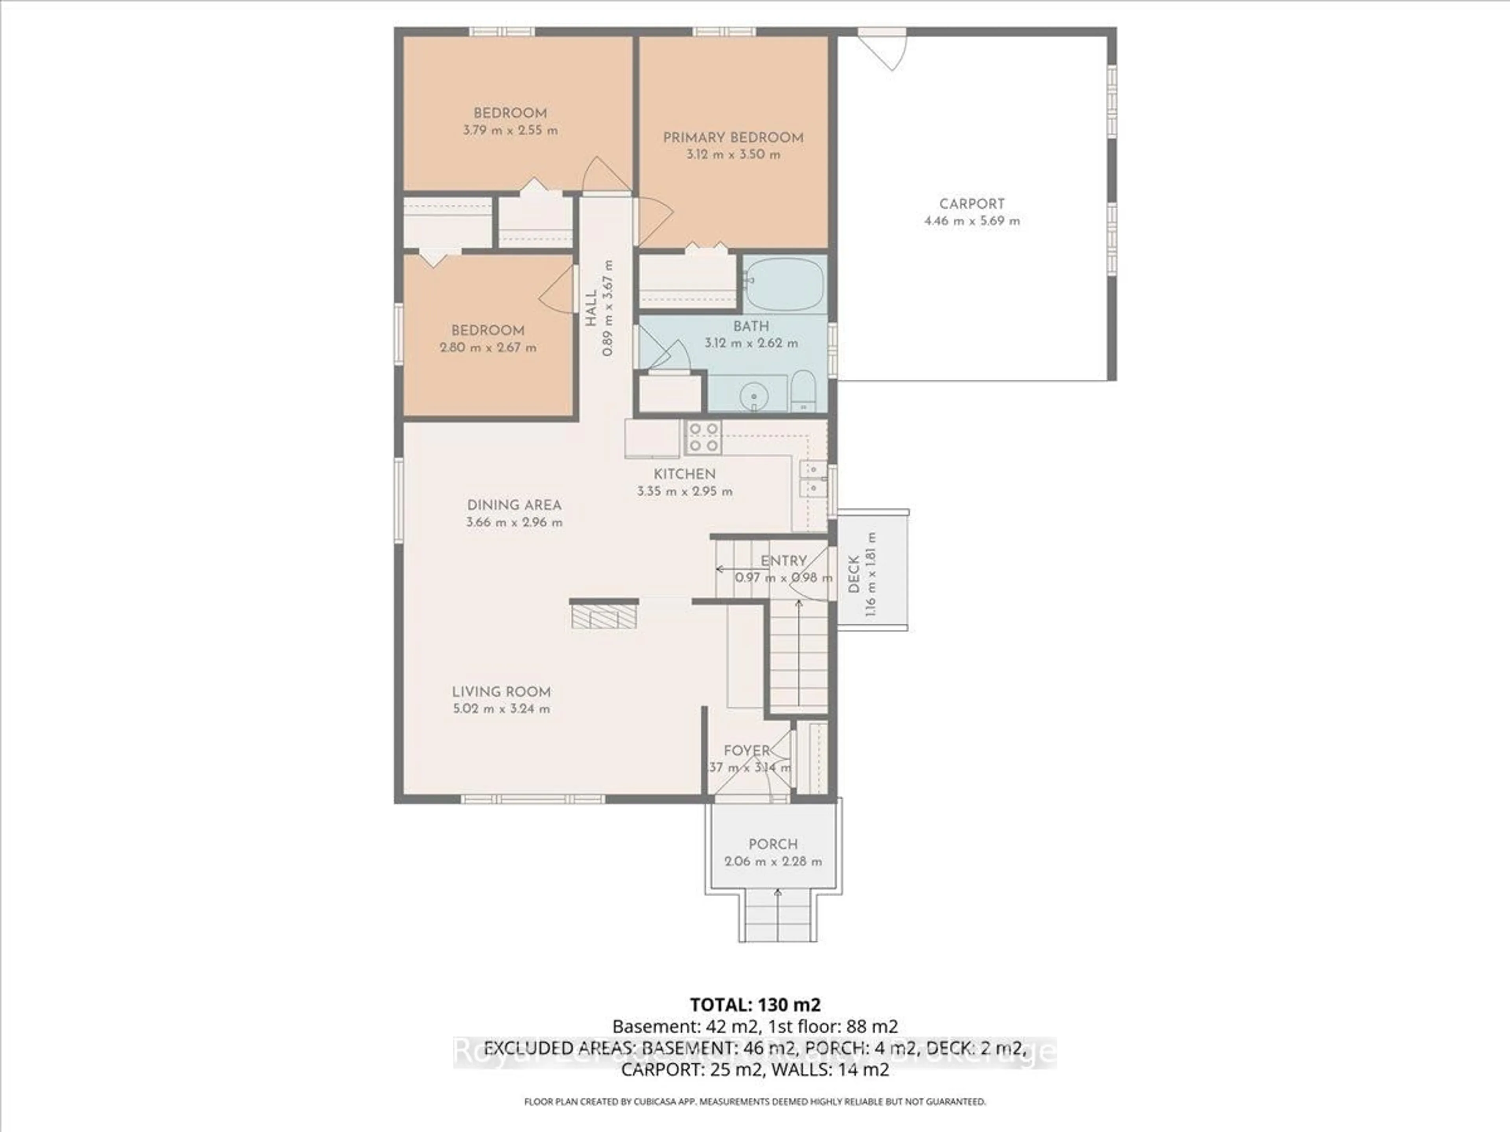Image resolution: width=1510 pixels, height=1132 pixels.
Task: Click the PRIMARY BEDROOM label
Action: coord(733,137)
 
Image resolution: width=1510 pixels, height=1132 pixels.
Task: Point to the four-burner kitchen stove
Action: coord(703,437)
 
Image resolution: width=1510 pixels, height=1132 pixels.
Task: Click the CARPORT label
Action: coord(971,203)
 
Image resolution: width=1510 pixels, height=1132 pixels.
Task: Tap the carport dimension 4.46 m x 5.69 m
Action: coord(971,221)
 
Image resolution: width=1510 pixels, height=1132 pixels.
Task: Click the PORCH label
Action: coord(773,844)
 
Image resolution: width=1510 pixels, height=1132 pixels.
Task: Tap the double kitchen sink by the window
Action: coord(813,479)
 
